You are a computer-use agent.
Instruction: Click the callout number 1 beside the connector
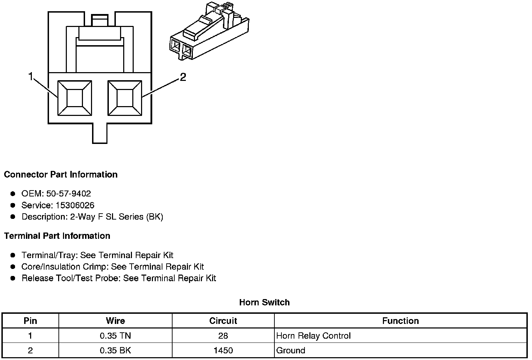click(x=31, y=76)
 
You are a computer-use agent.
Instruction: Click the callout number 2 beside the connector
click(x=183, y=77)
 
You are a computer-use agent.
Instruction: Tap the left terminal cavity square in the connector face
click(x=75, y=98)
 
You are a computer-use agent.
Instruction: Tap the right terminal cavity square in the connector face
click(x=125, y=98)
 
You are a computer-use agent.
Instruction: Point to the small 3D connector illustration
click(x=209, y=33)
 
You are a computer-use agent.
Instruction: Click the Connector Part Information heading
click(x=61, y=174)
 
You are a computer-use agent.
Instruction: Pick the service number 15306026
click(x=75, y=205)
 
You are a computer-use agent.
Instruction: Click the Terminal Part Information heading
click(x=57, y=236)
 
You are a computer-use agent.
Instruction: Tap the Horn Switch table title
click(x=264, y=302)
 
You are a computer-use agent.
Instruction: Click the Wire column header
click(x=115, y=321)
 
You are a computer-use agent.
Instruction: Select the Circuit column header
click(x=223, y=321)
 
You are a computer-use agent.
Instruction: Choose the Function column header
click(x=400, y=321)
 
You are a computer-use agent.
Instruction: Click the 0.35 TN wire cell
click(x=115, y=336)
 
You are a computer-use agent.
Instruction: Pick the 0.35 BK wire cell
click(x=115, y=351)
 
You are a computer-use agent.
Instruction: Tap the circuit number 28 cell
click(x=223, y=336)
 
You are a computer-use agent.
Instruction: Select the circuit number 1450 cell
click(x=223, y=351)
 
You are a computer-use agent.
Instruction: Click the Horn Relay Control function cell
click(x=313, y=336)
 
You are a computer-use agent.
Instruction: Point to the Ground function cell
click(x=290, y=351)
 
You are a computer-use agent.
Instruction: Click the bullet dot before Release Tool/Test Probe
click(x=13, y=278)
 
